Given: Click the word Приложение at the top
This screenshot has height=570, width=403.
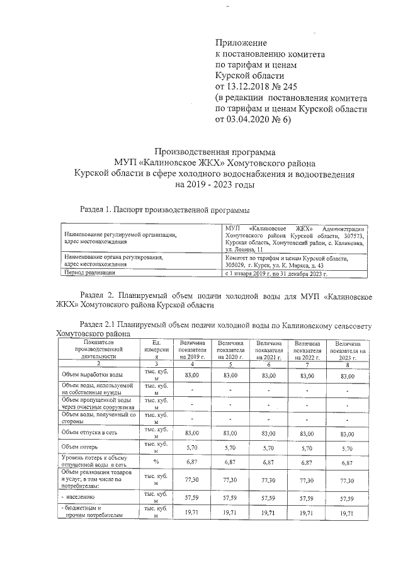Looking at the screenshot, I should [242, 42].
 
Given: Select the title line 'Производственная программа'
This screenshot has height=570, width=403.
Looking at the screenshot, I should [215, 152].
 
